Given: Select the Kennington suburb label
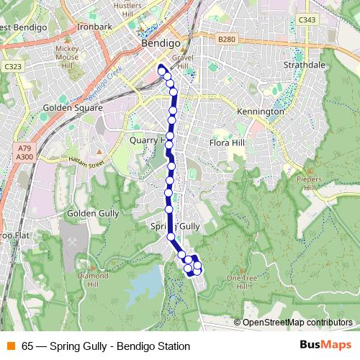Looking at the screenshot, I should tap(261, 112).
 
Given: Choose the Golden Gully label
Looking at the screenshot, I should tap(86, 213).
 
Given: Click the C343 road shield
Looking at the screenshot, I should tap(307, 19).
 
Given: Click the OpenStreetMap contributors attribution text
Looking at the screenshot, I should tap(297, 323).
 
